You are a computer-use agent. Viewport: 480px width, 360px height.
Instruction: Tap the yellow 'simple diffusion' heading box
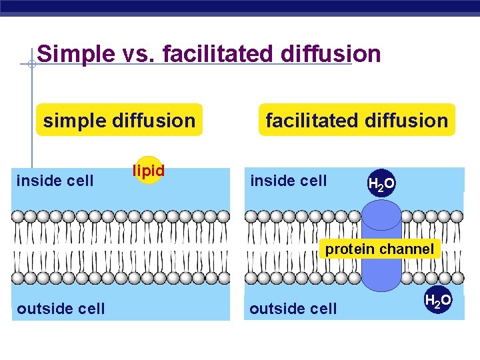pos(119,120)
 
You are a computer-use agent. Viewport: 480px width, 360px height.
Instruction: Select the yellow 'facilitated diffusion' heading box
pos(357,120)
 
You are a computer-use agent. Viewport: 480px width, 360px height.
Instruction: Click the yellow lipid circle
pos(149,170)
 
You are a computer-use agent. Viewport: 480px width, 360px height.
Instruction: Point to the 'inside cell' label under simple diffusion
pos(55,180)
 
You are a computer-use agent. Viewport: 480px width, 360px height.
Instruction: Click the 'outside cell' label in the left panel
pos(61,308)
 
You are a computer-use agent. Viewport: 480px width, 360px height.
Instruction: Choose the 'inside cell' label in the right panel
pos(288,180)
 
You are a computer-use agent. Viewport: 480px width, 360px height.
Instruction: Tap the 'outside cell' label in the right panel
pos(293,308)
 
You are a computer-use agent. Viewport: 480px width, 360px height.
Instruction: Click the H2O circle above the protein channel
pos(382,184)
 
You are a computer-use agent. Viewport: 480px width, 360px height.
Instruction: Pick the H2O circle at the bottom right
pos(438,301)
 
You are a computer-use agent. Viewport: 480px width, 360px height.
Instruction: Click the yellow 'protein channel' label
pos(379,249)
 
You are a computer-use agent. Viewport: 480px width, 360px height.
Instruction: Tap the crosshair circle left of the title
pos(31,65)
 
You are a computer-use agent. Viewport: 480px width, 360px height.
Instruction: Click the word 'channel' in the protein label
pos(407,249)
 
